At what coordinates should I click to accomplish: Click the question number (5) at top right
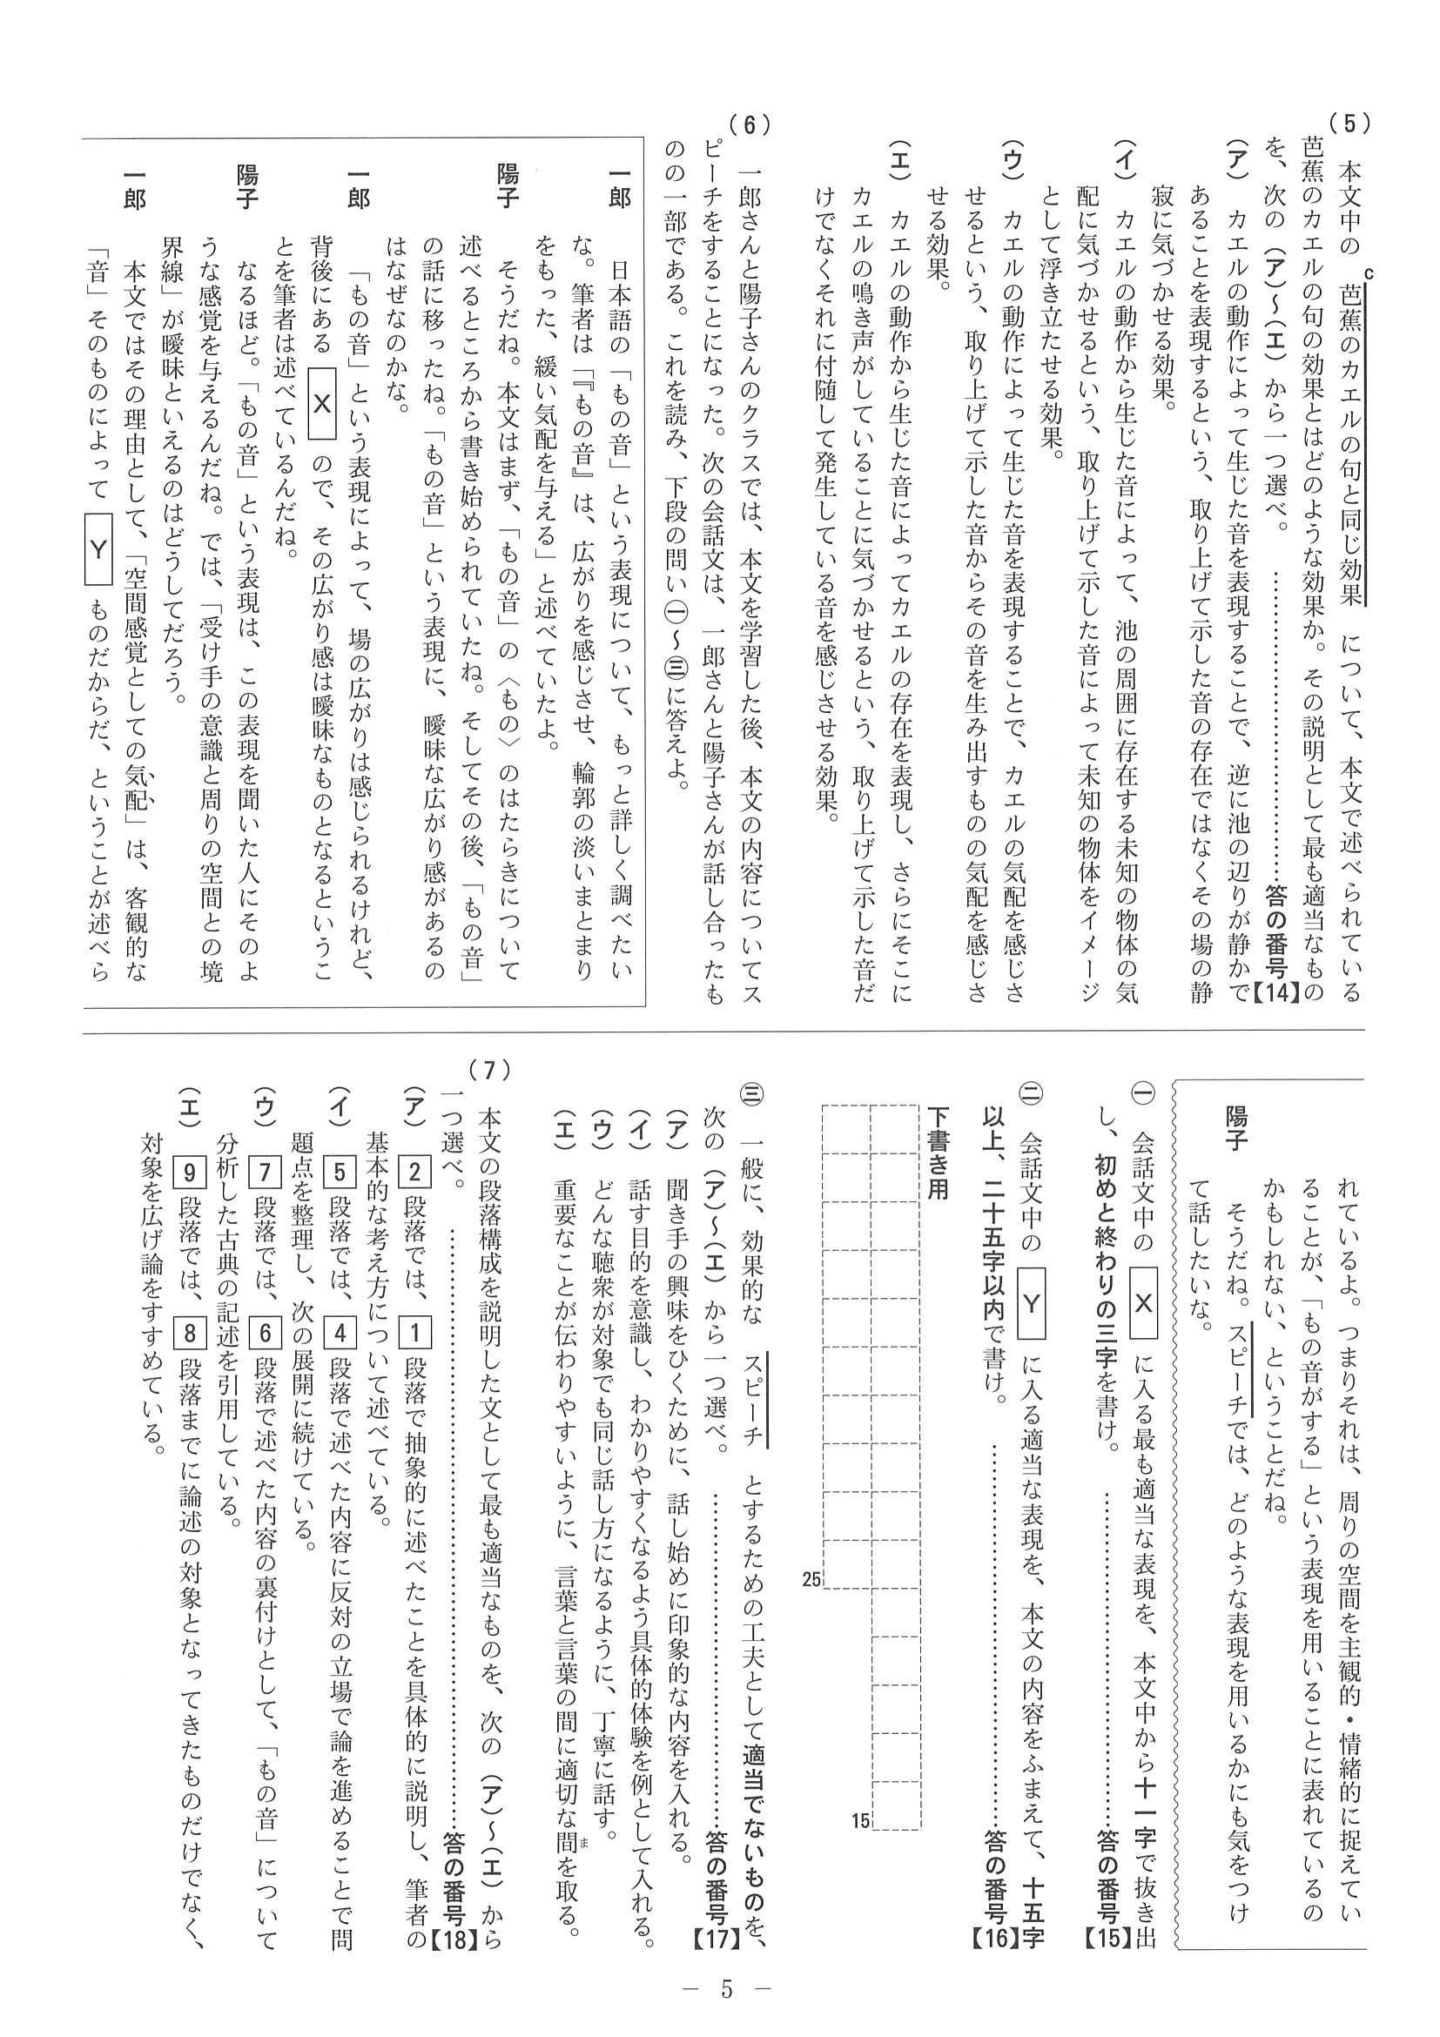tap(1349, 124)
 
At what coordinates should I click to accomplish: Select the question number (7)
tap(491, 1071)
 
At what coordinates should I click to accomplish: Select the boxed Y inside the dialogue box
tap(98, 550)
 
